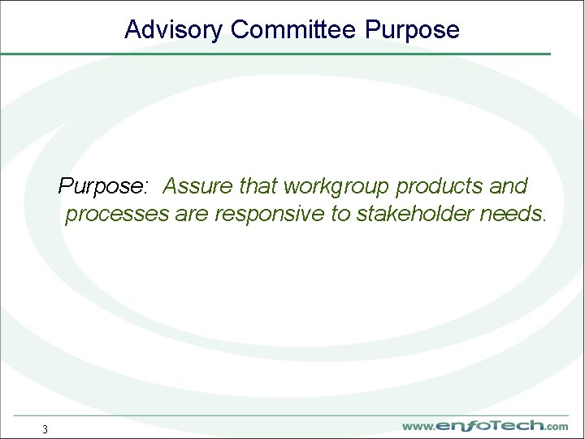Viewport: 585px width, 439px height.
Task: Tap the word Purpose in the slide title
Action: tap(413, 30)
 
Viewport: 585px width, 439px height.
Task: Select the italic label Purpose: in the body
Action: tap(103, 186)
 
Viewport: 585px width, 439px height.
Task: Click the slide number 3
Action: tap(45, 429)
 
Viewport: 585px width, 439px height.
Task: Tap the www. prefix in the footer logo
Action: tap(418, 427)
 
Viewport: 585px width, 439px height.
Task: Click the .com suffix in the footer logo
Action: tap(557, 427)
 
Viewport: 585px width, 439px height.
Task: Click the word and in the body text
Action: tap(509, 186)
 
